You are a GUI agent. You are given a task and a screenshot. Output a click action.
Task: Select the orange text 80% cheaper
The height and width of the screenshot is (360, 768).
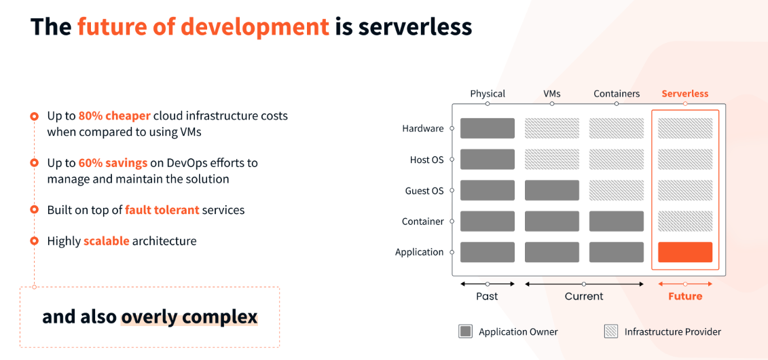pyautogui.click(x=114, y=115)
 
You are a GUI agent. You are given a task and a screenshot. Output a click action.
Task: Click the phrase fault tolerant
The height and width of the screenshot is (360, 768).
pyautogui.click(x=162, y=210)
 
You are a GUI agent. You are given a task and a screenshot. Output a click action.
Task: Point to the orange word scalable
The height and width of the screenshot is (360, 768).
pyautogui.click(x=106, y=241)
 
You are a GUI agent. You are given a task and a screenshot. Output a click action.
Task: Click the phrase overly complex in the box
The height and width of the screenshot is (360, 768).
pyautogui.click(x=189, y=317)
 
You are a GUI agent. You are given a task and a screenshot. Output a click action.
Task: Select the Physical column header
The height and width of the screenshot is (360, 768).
pyautogui.click(x=488, y=94)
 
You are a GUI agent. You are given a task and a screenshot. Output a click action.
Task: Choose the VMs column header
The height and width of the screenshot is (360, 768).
pyautogui.click(x=551, y=94)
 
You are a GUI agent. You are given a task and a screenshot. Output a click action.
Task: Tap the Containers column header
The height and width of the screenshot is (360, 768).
pyautogui.click(x=617, y=94)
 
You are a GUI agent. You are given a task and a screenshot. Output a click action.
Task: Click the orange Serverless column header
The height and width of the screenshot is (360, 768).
pyautogui.click(x=684, y=94)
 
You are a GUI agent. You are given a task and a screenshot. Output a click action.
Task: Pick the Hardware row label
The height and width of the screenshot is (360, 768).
pyautogui.click(x=422, y=128)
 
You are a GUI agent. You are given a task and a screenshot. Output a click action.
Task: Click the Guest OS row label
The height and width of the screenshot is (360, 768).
pyautogui.click(x=424, y=191)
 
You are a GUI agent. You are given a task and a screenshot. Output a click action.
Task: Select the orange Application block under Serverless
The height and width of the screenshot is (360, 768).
pyautogui.click(x=685, y=252)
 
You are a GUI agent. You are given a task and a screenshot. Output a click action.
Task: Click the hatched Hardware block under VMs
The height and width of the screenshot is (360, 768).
pyautogui.click(x=552, y=128)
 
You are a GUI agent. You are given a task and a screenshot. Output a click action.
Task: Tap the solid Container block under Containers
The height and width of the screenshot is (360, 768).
pyautogui.click(x=617, y=221)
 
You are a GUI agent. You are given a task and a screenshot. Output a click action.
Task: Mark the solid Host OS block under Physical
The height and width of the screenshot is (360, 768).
pyautogui.click(x=488, y=160)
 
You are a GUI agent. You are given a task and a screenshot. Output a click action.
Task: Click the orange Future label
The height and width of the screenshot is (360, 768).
pyautogui.click(x=685, y=296)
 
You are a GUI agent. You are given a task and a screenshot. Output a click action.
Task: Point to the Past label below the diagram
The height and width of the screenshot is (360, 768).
pyautogui.click(x=487, y=296)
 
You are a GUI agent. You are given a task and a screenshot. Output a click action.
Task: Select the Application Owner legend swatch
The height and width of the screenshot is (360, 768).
pyautogui.click(x=465, y=331)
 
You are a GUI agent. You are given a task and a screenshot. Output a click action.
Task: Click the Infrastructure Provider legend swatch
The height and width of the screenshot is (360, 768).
pyautogui.click(x=611, y=331)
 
